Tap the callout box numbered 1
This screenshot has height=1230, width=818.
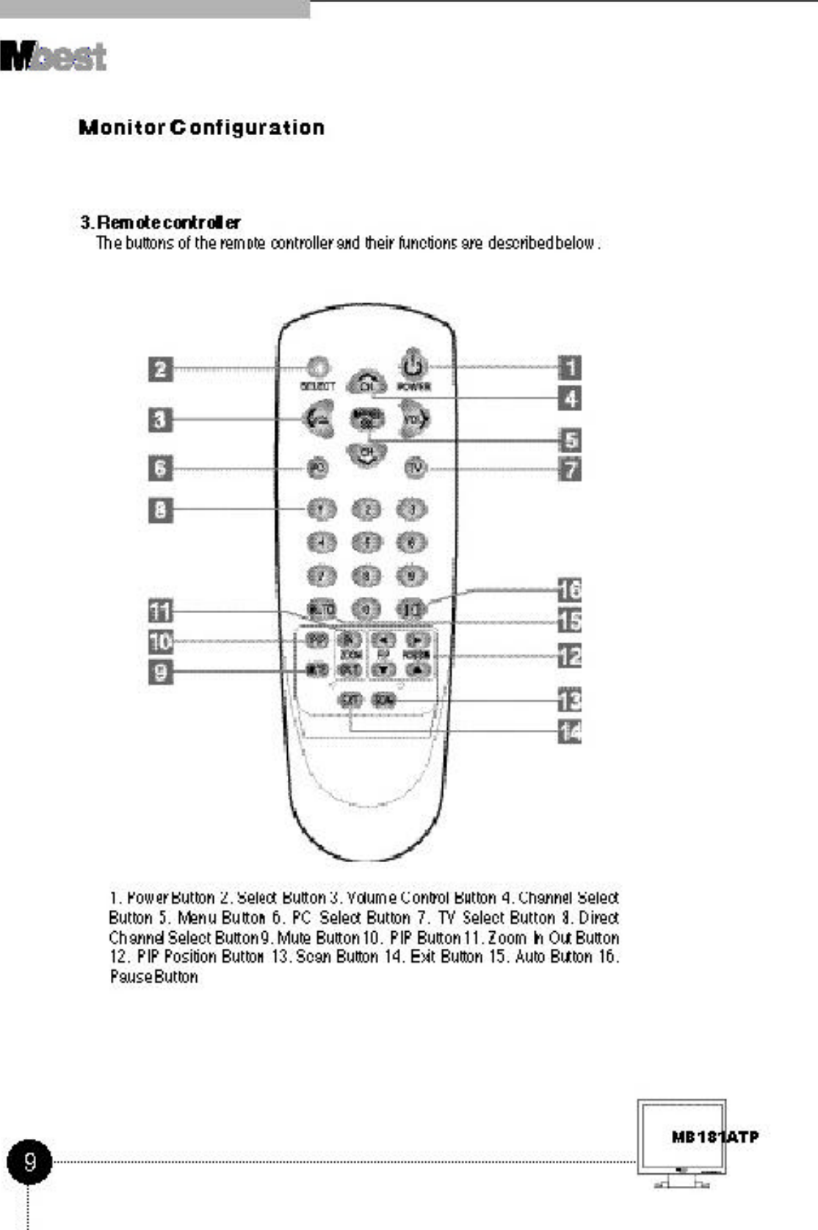[570, 367]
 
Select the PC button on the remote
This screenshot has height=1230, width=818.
[317, 468]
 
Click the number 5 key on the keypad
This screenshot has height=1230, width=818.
[367, 543]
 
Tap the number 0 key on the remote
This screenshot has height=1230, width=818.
[366, 609]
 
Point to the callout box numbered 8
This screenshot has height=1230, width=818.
[161, 510]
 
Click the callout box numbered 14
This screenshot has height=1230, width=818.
[570, 731]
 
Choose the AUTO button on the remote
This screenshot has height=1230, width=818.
[321, 609]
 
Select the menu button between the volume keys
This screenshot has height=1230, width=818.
[367, 419]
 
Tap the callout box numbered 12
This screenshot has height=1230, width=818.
[570, 655]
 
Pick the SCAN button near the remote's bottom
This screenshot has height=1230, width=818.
[383, 700]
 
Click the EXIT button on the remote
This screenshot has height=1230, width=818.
[350, 700]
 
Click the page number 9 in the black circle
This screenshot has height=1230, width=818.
[29, 1162]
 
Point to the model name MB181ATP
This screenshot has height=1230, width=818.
[714, 1137]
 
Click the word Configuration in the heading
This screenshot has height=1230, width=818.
[247, 128]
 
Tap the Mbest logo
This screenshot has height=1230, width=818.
[54, 57]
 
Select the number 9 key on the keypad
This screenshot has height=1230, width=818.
[412, 576]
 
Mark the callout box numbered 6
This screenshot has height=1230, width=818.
[161, 468]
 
